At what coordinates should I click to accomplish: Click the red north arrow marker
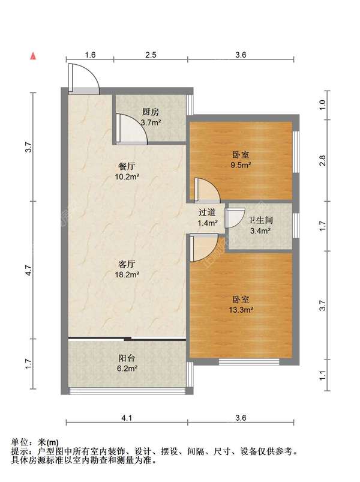coord(33,56)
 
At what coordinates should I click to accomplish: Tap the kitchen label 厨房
coord(151,112)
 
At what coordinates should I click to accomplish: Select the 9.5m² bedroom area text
coord(241,165)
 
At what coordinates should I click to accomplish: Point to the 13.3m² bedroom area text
coord(241,310)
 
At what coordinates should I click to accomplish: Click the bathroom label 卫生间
coord(260,220)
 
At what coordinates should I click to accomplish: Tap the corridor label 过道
coord(207,212)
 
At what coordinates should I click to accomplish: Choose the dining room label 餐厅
coord(127,166)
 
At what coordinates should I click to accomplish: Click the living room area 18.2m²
coord(127,274)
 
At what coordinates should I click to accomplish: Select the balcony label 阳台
coord(127,358)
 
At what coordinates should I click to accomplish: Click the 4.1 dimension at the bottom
coord(127,418)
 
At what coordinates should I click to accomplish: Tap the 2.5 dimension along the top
coord(151,55)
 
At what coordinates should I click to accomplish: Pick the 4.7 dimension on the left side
coord(29,270)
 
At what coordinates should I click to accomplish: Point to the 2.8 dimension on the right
coord(322,160)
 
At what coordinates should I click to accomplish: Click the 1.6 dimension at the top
coord(90,55)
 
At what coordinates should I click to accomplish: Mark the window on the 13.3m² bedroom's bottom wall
coord(249,361)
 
